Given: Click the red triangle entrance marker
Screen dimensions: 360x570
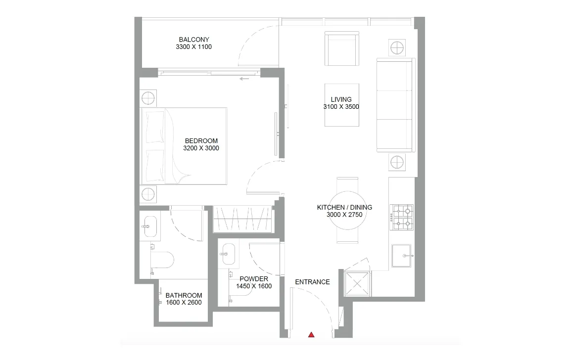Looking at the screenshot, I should pos(311,335).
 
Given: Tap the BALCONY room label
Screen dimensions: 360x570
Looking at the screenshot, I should pos(194,40).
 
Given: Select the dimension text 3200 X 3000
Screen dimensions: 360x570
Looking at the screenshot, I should pos(201,148).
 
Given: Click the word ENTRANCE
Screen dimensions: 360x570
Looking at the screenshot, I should pos(312,282).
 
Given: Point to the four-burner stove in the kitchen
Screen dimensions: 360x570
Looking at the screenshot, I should pos(402,218).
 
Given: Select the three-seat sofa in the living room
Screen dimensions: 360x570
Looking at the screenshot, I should pos(394,105).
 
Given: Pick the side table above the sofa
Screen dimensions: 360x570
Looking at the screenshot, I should pos(397,48).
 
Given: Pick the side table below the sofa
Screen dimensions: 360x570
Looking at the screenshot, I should pos(397,162).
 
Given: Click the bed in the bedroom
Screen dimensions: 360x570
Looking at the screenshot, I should pos(184,146).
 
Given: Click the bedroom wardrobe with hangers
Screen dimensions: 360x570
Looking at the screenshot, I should pos(243,219).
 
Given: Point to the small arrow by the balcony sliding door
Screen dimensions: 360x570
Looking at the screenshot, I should pos(243,79).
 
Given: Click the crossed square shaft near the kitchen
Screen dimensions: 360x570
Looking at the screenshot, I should pos(358,283).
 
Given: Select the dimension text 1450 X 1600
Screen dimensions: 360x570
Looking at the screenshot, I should pos(254,286).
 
